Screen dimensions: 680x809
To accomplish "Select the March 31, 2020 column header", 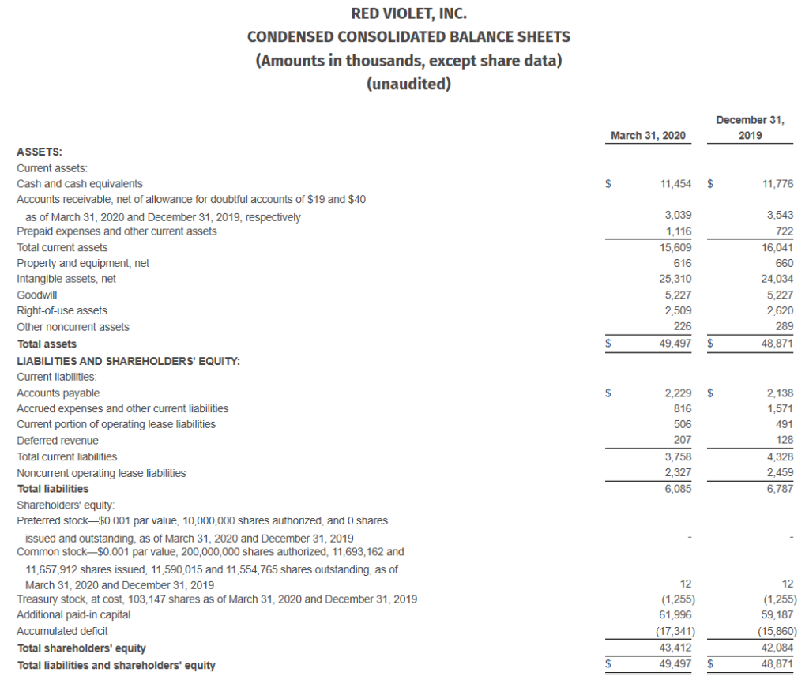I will (648, 136).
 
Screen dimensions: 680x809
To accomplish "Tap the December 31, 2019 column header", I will (750, 128).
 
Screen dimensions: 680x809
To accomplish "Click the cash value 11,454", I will (675, 184).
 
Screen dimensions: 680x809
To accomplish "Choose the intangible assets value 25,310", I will (675, 279).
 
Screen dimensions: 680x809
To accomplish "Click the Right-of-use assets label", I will (62, 311).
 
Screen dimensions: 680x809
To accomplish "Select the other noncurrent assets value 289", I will (784, 327).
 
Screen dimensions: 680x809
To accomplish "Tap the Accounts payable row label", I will (58, 393).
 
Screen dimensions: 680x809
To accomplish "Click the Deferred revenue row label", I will (58, 441).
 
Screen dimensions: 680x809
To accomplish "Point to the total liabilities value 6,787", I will (780, 489).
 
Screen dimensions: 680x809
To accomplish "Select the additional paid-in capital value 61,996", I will (675, 614).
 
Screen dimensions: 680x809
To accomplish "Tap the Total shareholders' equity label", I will (81, 648).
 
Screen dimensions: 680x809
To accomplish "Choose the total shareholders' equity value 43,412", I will (675, 648).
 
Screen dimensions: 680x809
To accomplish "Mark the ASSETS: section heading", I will (40, 152).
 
